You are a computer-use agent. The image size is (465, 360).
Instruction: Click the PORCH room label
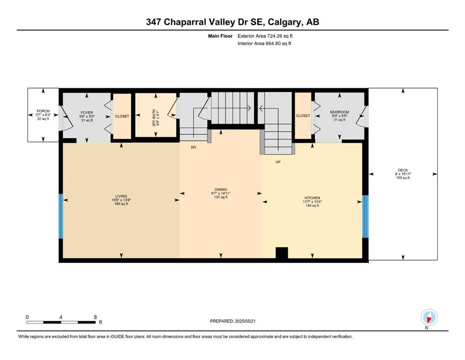[43, 111]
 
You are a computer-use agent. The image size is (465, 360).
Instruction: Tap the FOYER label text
[87, 113]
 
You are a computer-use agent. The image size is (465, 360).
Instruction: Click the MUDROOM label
[340, 112]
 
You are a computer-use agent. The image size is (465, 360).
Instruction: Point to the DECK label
[403, 170]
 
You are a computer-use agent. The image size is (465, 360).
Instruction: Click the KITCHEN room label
[312, 198]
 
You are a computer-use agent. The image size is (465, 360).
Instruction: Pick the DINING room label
[221, 189]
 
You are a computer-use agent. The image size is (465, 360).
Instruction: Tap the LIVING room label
[121, 196]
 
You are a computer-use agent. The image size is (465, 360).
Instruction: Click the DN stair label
[193, 147]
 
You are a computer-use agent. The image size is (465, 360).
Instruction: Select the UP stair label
[278, 162]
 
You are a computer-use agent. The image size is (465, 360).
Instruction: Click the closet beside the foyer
[122, 116]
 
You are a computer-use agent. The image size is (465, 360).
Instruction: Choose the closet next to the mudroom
[303, 115]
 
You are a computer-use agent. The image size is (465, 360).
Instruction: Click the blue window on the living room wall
[61, 216]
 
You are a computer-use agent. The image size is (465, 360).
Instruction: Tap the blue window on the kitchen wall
[365, 217]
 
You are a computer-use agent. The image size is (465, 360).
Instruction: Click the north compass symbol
[429, 317]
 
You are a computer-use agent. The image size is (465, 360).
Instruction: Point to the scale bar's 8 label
[95, 317]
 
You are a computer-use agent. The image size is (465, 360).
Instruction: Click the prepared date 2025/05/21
[245, 321]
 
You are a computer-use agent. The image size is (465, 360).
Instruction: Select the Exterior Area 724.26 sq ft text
[265, 36]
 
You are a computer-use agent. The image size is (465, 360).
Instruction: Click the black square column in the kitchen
[282, 253]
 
